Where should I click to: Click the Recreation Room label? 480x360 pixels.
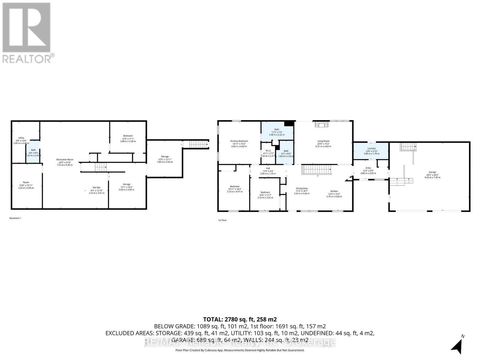pos(65,160)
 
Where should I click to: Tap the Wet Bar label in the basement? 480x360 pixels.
pos(97,187)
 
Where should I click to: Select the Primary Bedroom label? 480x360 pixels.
pos(239,141)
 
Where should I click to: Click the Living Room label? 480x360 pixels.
pos(323,141)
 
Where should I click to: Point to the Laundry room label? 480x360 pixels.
pos(371,148)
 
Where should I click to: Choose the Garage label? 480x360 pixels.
pos(432,172)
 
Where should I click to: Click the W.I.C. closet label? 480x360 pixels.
pos(268,151)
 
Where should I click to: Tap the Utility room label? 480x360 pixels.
pos(21,138)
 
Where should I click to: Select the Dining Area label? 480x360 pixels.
pos(302,188)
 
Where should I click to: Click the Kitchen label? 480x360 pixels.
pos(334,191)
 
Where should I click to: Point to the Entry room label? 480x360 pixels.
pos(368,168)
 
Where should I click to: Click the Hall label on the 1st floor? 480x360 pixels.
pos(268,168)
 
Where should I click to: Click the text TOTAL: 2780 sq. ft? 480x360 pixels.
pos(240,319)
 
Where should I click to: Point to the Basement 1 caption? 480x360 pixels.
pos(15,218)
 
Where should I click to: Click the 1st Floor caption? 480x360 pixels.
pos(222,220)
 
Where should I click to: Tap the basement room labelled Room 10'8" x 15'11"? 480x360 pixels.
pos(26,182)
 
